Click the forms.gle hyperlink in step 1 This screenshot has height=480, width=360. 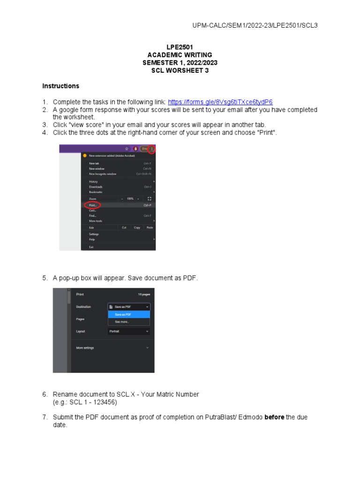[x=220, y=102]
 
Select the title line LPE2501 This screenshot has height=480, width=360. [x=180, y=47]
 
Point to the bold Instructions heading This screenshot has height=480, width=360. [x=61, y=86]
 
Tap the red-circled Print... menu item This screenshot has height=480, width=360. [x=93, y=205]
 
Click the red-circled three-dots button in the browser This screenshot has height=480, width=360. [x=152, y=149]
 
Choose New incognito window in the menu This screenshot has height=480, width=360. [x=103, y=174]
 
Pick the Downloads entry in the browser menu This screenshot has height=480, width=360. [x=96, y=187]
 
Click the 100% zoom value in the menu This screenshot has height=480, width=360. [x=130, y=199]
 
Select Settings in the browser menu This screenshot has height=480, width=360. [x=94, y=234]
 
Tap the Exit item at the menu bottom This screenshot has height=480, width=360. [x=91, y=247]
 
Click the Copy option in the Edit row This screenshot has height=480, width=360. [x=137, y=228]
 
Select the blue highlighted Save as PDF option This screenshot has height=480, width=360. [x=123, y=315]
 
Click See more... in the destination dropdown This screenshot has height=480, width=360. [x=122, y=322]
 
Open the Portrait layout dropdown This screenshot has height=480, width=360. [x=129, y=331]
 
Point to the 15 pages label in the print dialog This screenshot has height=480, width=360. [x=143, y=294]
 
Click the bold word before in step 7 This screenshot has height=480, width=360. [x=274, y=417]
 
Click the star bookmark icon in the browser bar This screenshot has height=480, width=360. [x=127, y=149]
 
